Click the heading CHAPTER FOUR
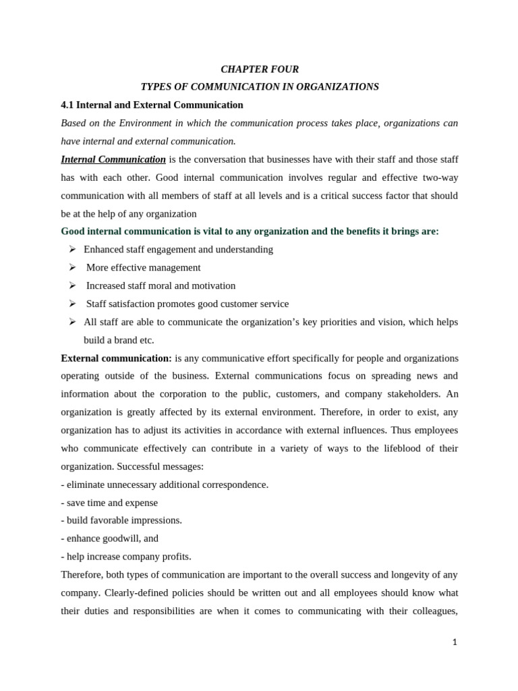[260, 70]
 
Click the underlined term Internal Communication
[113, 159]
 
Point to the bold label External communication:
[116, 358]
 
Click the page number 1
[455, 642]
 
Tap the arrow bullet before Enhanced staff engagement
[72, 250]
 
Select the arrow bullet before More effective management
[72, 268]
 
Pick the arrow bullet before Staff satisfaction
[72, 304]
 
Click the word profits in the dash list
[175, 557]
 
